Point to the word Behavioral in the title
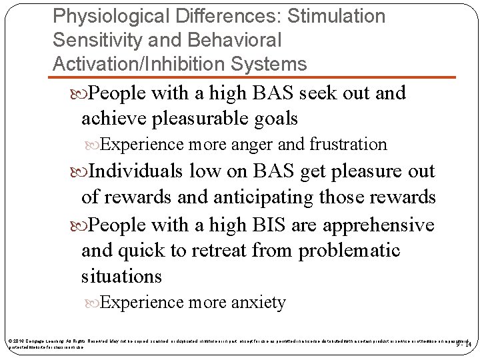coord(235,40)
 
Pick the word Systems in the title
coord(275,64)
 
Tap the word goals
coord(273,119)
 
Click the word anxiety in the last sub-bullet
coord(258,303)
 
